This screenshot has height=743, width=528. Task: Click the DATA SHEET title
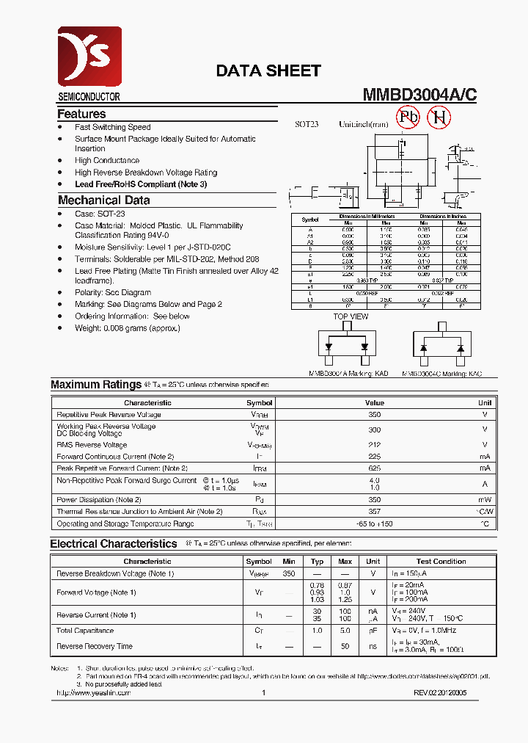(x=268, y=71)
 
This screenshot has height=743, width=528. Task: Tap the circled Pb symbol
(x=408, y=117)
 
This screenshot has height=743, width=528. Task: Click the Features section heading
(x=81, y=114)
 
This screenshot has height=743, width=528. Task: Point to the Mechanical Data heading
(x=103, y=200)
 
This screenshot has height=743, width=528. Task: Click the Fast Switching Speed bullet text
(x=112, y=127)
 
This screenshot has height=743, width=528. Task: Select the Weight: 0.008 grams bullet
(x=127, y=328)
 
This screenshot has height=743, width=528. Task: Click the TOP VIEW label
(x=351, y=316)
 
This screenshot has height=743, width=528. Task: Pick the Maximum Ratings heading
(x=95, y=385)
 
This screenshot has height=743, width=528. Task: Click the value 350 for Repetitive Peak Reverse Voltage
(x=374, y=415)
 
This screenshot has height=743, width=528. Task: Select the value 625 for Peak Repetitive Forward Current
(x=374, y=468)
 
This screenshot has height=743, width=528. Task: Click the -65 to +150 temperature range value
(x=374, y=523)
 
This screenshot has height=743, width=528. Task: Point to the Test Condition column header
(x=441, y=561)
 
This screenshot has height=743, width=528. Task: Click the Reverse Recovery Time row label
(x=94, y=646)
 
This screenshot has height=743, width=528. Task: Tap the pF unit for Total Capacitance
(x=373, y=631)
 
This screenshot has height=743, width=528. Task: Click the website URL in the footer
(x=93, y=692)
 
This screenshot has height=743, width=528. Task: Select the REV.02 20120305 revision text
(x=439, y=692)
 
